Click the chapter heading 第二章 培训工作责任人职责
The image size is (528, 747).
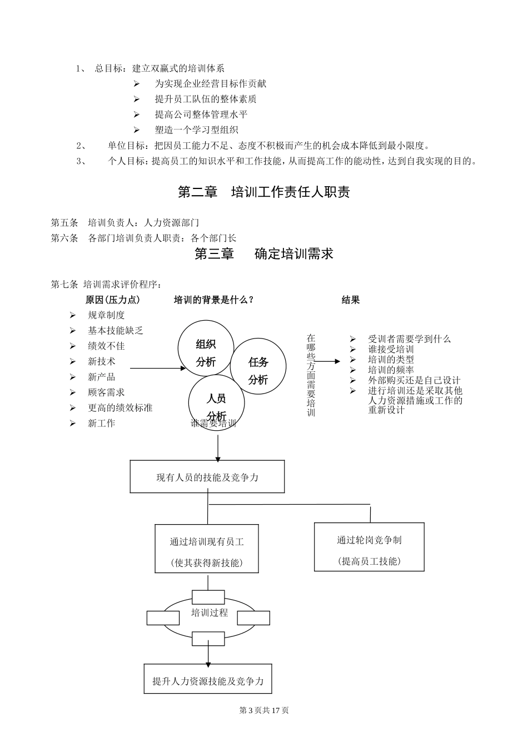pos(263,192)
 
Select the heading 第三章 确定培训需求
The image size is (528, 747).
pos(263,254)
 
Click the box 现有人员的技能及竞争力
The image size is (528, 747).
pos(207,476)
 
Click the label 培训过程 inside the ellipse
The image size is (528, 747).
pos(209,613)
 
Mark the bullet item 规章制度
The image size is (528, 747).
pos(106,315)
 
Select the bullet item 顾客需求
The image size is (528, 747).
pos(106,392)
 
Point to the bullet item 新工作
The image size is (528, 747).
pos(101,423)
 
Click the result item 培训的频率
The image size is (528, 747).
pos(391,370)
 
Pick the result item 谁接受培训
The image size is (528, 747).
pos(391,349)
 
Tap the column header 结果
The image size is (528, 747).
pos(350,300)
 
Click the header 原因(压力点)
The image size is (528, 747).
pos(113,300)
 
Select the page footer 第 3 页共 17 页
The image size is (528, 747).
pos(263,710)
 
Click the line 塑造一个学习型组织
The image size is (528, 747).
pos(196,130)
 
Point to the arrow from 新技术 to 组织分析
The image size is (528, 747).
pos(158,367)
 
